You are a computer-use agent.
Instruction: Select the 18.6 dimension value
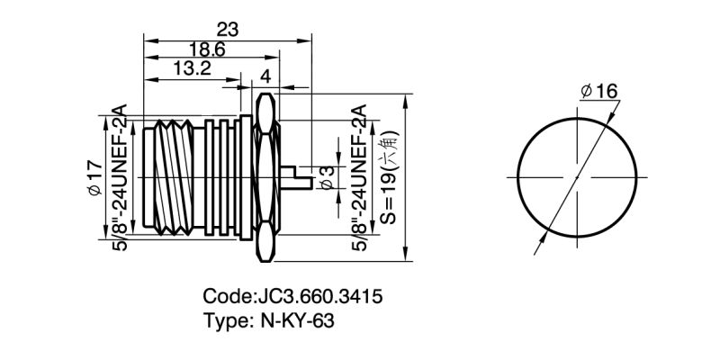click(x=208, y=49)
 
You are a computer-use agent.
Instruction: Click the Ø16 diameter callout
click(x=598, y=91)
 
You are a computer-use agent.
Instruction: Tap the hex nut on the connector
click(x=265, y=176)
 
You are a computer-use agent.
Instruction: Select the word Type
click(x=226, y=320)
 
